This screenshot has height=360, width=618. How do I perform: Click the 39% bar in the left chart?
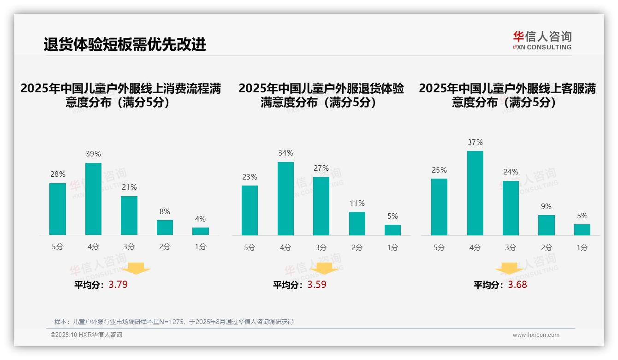pyautogui.click(x=94, y=199)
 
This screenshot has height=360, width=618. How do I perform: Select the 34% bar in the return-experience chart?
pyautogui.click(x=285, y=198)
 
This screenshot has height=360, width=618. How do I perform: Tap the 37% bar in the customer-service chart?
pyautogui.click(x=475, y=193)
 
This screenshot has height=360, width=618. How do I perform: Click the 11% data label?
pyautogui.click(x=357, y=203)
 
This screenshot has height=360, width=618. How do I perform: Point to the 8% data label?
pyautogui.click(x=165, y=211)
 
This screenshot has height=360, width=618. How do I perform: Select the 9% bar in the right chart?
pyautogui.click(x=547, y=225)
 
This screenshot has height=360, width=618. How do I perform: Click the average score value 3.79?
pyautogui.click(x=118, y=285)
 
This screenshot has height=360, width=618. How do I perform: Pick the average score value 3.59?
pyautogui.click(x=317, y=285)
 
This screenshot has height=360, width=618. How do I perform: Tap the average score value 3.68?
pyautogui.click(x=517, y=285)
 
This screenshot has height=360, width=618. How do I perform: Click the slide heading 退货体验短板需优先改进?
pyautogui.click(x=125, y=44)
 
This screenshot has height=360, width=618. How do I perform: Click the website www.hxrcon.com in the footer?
pyautogui.click(x=536, y=335)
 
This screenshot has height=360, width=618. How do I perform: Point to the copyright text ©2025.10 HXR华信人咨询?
pyautogui.click(x=86, y=335)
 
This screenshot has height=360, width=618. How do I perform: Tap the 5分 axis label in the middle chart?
pyautogui.click(x=250, y=248)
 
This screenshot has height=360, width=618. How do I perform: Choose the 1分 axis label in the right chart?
pyautogui.click(x=582, y=248)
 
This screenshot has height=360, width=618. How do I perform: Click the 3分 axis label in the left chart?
pyautogui.click(x=129, y=247)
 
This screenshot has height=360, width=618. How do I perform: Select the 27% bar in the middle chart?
pyautogui.click(x=321, y=206)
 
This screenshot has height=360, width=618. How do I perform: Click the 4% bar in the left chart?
pyautogui.click(x=201, y=231)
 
